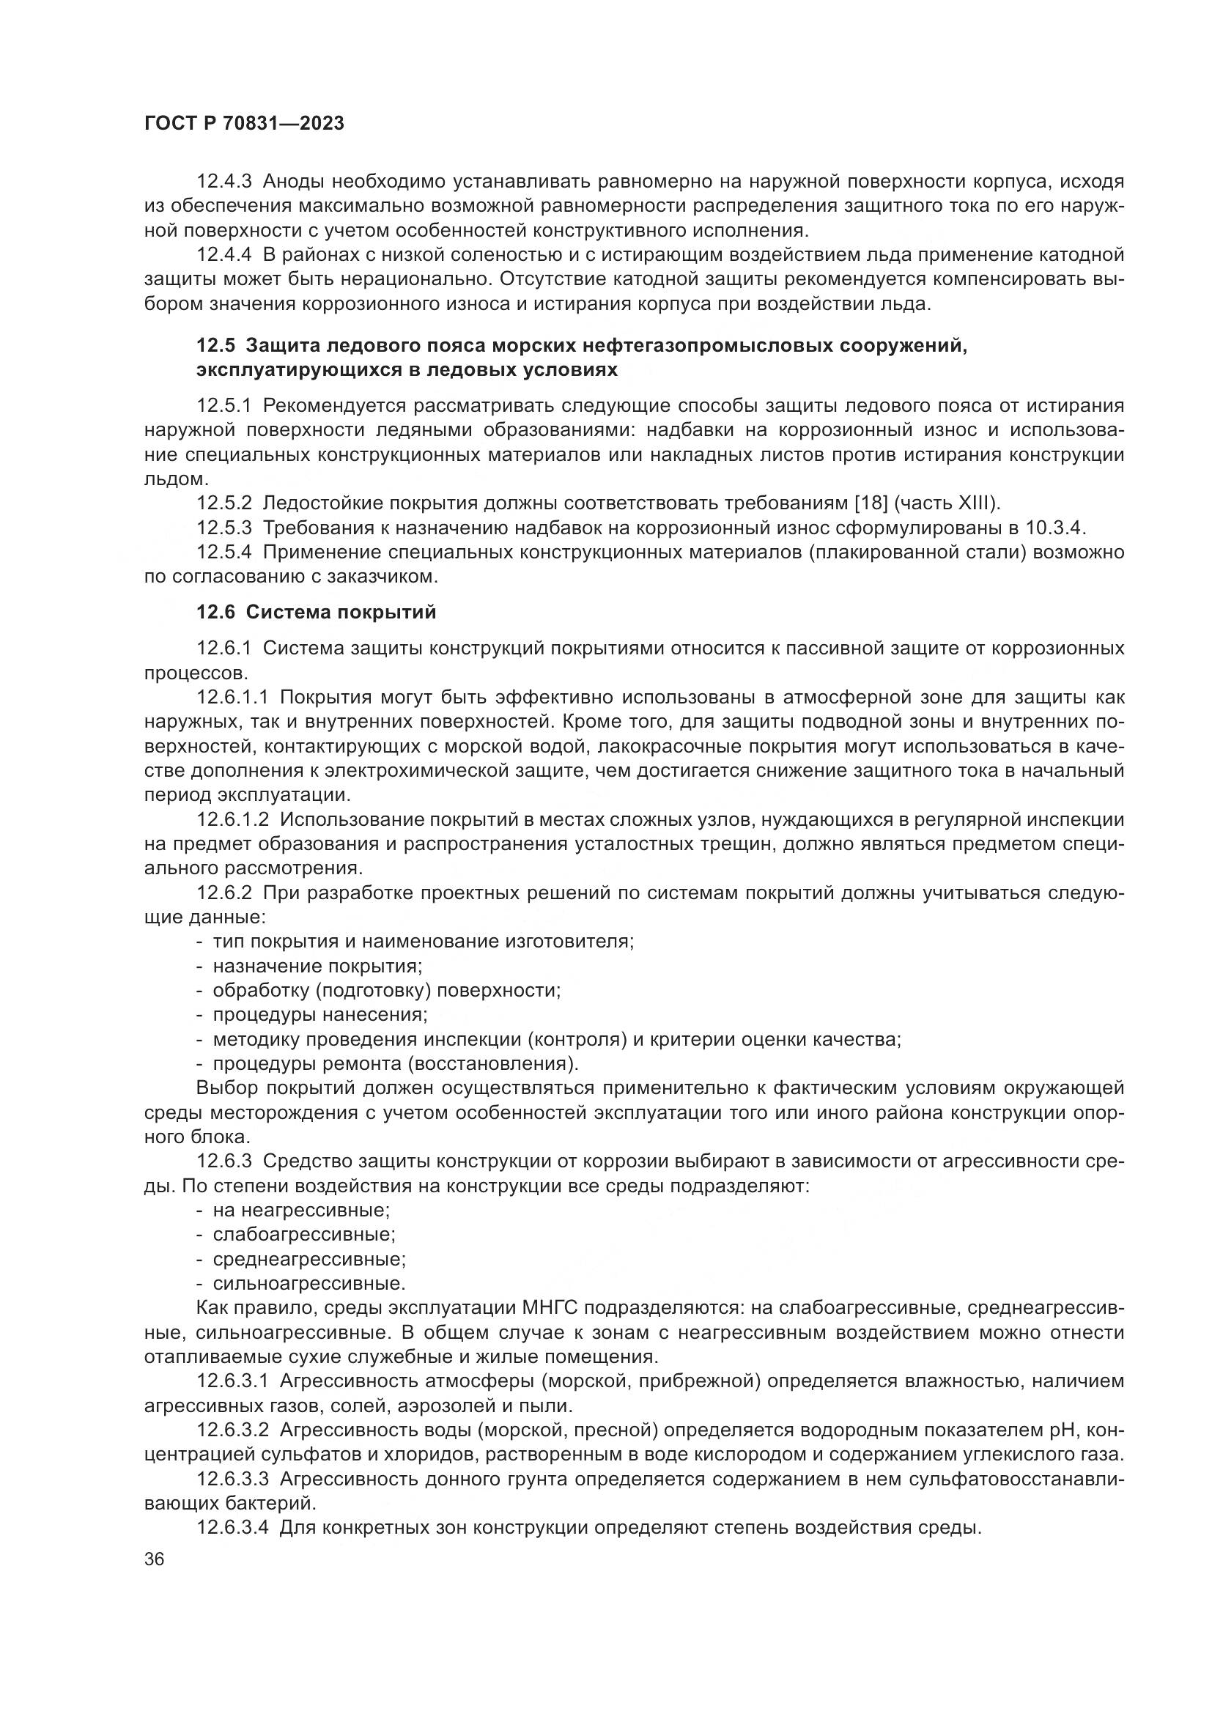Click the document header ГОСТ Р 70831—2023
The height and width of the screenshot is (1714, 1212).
244,124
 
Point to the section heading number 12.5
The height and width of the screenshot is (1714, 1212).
215,346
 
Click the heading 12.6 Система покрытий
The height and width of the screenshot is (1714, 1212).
316,612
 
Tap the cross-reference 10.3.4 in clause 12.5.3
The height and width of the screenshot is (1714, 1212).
1053,528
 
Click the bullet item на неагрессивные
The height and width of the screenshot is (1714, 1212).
301,1209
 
